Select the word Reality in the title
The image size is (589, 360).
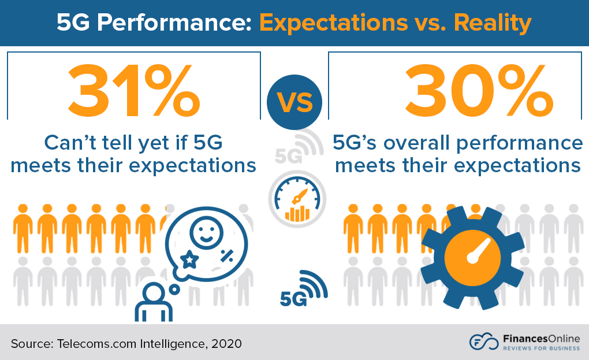(493, 23)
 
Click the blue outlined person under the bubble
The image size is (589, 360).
(153, 302)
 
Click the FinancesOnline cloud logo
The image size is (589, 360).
(482, 342)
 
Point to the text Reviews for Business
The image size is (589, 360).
(540, 348)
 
